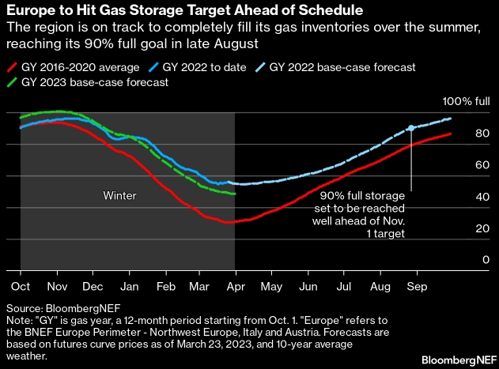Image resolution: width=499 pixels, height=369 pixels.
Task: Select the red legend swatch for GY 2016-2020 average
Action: coord(13,67)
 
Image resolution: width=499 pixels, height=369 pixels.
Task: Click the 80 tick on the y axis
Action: coord(480,134)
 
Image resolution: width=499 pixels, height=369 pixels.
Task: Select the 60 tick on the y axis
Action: coord(480,165)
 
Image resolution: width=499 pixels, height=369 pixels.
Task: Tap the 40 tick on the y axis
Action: coord(480,197)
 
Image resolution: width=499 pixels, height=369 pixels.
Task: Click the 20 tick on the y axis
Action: coord(480,228)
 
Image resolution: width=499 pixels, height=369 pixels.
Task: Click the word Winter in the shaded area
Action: coord(120,194)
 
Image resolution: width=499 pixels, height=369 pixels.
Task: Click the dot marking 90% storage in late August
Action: coord(411,128)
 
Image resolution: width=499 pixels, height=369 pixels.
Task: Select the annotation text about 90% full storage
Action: coord(362,213)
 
